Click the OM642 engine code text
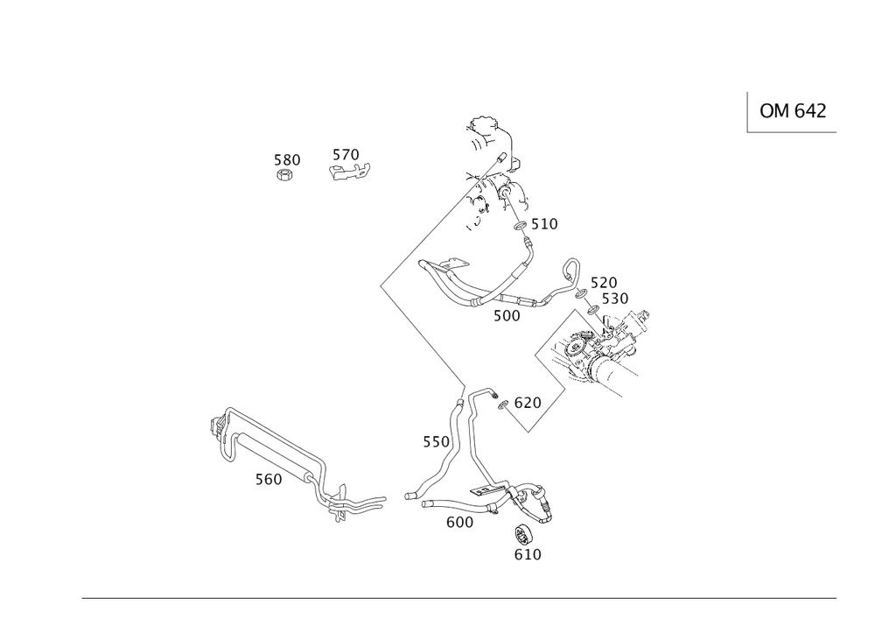(x=793, y=111)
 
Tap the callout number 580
(x=287, y=159)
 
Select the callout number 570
(x=346, y=155)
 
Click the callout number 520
(x=604, y=282)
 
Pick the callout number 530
(x=615, y=299)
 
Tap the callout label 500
(x=507, y=315)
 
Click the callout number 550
(x=437, y=442)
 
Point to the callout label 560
(x=269, y=479)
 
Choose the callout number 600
(x=459, y=522)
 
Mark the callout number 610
(x=528, y=554)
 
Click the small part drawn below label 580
(x=285, y=175)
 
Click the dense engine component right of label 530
(x=604, y=350)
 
